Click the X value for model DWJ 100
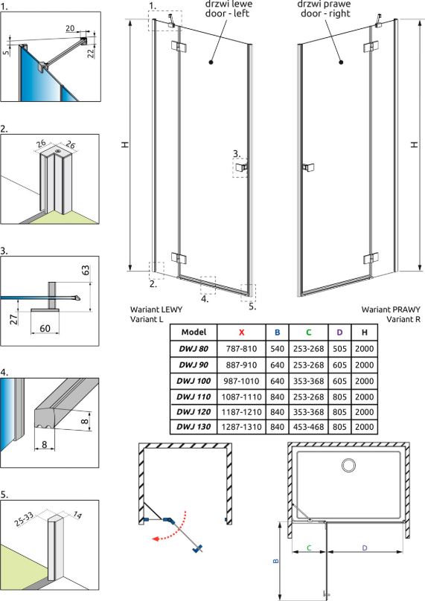coord(241,381)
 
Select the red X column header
coord(241,332)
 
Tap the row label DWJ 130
coord(194,427)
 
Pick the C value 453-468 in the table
coord(308,427)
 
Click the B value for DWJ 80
coord(277,349)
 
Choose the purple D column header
coord(339,332)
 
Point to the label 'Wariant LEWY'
coord(156,309)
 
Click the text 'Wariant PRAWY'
coord(391,309)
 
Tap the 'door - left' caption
coord(227,13)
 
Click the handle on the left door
coord(242,167)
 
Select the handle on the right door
coord(308,167)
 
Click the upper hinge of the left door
coord(179,47)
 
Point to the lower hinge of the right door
coord(371,258)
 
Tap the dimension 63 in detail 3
coord(86,270)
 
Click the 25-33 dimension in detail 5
coord(24,519)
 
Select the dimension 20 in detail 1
coord(70,28)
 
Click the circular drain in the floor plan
coord(348,466)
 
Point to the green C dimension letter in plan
coord(309,547)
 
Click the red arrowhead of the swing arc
coord(156,539)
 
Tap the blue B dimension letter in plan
coord(276,561)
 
